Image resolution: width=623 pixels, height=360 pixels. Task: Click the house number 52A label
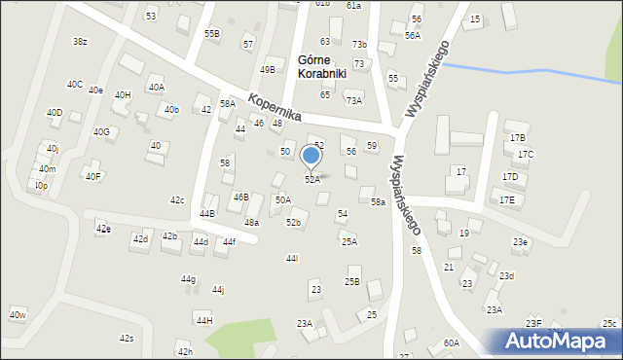[311, 180]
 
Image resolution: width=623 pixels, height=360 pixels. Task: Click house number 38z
[80, 41]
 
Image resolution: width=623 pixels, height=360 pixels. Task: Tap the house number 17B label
[517, 138]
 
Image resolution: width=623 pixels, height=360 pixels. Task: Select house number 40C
[75, 85]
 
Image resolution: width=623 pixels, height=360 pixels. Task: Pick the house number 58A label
[227, 104]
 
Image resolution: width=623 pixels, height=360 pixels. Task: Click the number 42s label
[127, 338]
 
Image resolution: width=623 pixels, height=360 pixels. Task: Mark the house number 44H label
[203, 320]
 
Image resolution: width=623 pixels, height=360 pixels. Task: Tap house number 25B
[351, 282]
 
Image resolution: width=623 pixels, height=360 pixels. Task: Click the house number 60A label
[451, 342]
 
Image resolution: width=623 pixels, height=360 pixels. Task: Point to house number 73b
[359, 45]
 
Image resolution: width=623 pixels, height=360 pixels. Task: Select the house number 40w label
[18, 314]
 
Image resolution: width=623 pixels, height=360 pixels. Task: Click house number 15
[475, 19]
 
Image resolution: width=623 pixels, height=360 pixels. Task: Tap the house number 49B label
[267, 70]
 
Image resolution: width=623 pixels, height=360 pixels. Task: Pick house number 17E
[507, 199]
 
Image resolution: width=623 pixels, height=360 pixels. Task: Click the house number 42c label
[177, 200]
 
